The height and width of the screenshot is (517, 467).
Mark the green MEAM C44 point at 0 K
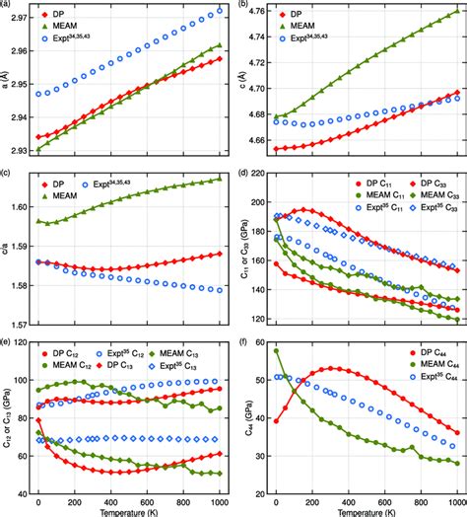(x=277, y=350)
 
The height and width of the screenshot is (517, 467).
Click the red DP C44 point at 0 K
(x=277, y=421)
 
